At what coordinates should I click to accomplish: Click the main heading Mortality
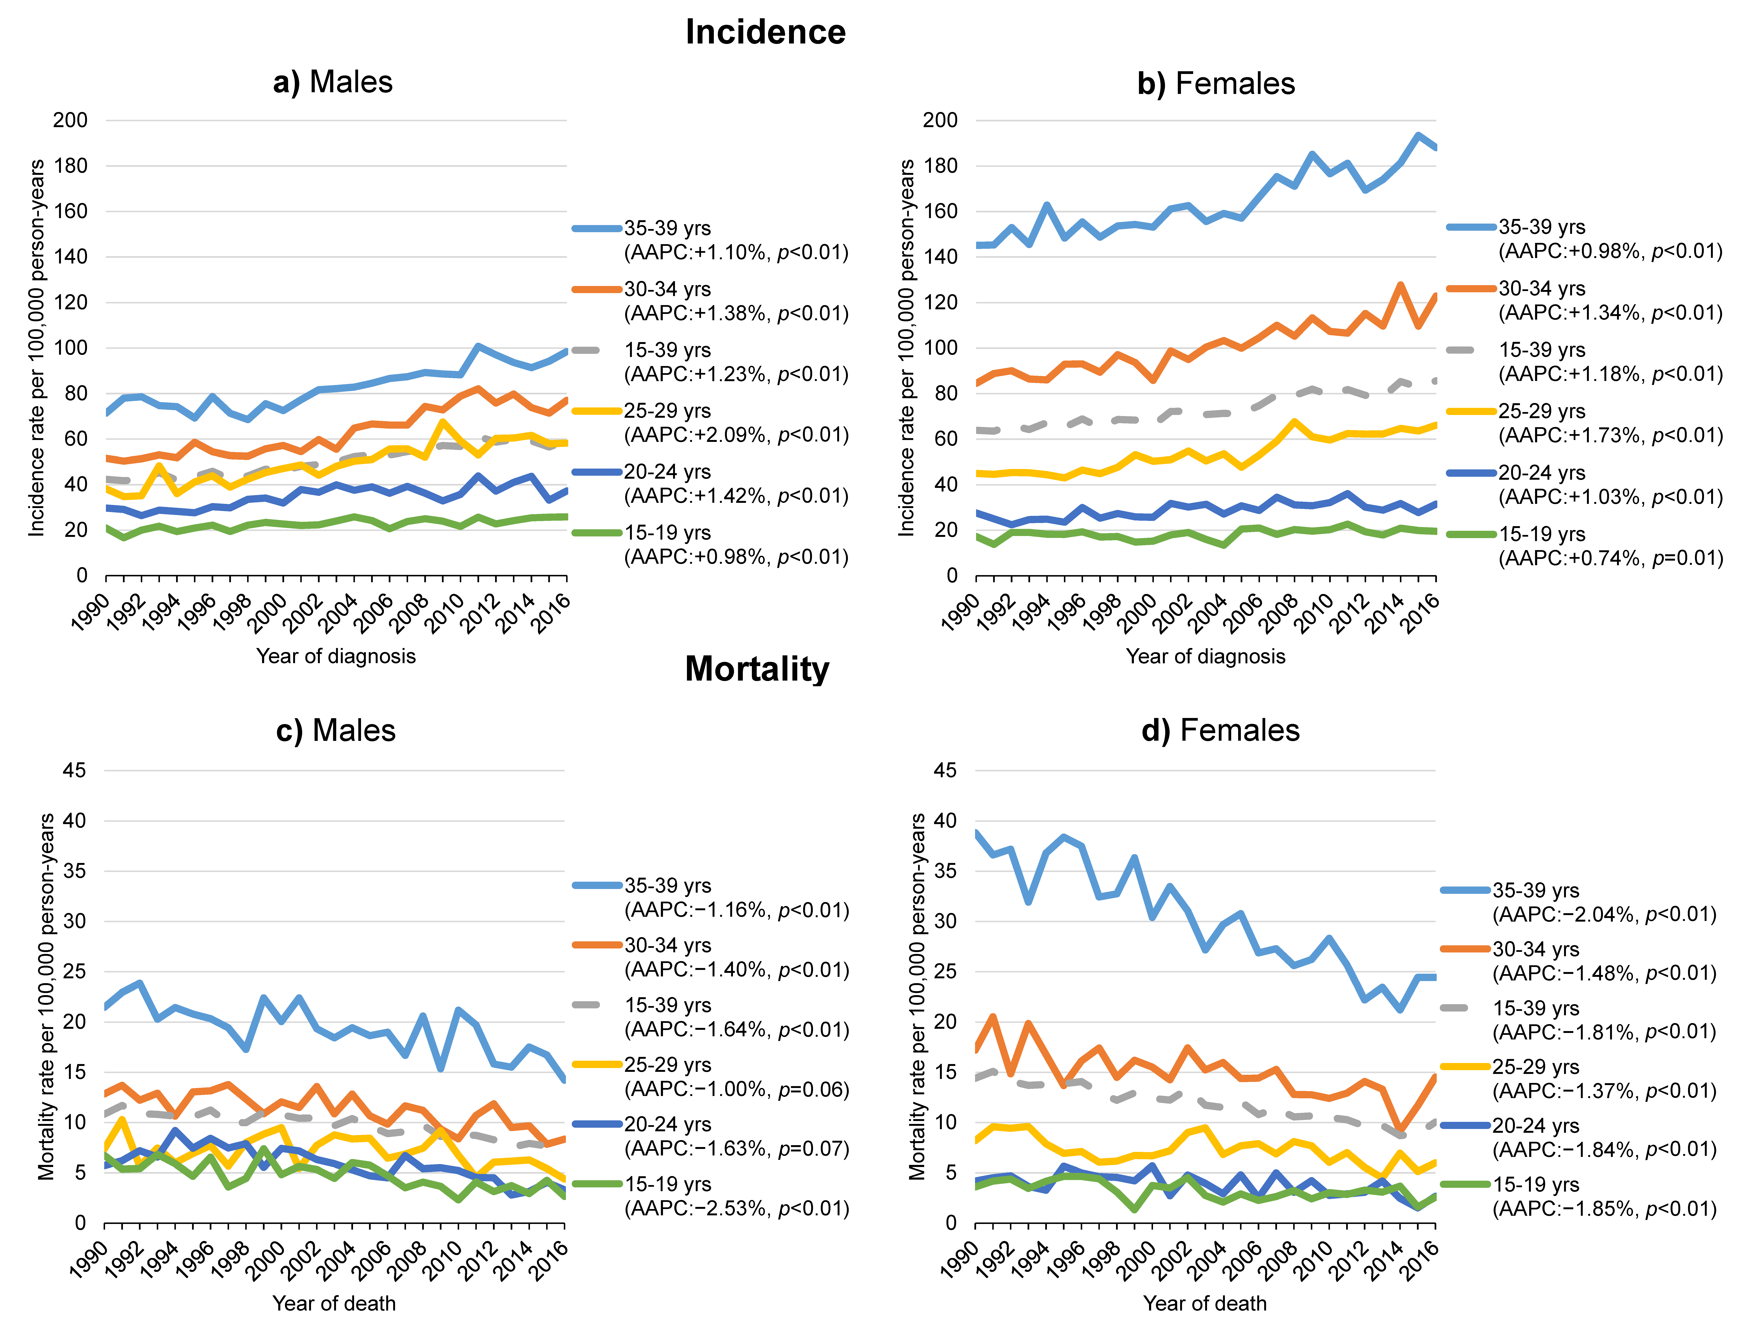point(757,669)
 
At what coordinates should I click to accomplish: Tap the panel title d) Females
point(1220,730)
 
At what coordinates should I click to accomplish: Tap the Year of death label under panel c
point(334,1304)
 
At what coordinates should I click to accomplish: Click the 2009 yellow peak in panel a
point(443,422)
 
